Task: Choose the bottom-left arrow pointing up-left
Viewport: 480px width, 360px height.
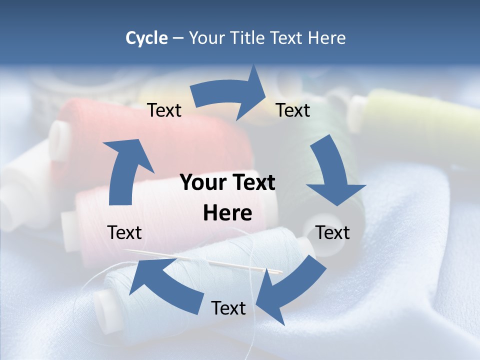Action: pyautogui.click(x=165, y=285)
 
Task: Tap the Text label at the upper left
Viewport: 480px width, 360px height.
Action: pyautogui.click(x=164, y=110)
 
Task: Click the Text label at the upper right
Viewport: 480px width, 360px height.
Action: pyautogui.click(x=293, y=110)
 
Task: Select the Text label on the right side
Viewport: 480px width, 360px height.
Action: pyautogui.click(x=332, y=232)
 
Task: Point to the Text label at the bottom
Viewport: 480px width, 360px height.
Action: pyautogui.click(x=228, y=308)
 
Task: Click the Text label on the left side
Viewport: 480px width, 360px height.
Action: pyautogui.click(x=124, y=232)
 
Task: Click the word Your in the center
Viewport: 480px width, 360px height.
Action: pyautogui.click(x=199, y=182)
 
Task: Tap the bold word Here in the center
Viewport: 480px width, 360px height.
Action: pyautogui.click(x=227, y=213)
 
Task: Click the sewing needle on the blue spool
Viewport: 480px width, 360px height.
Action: pyautogui.click(x=200, y=260)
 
